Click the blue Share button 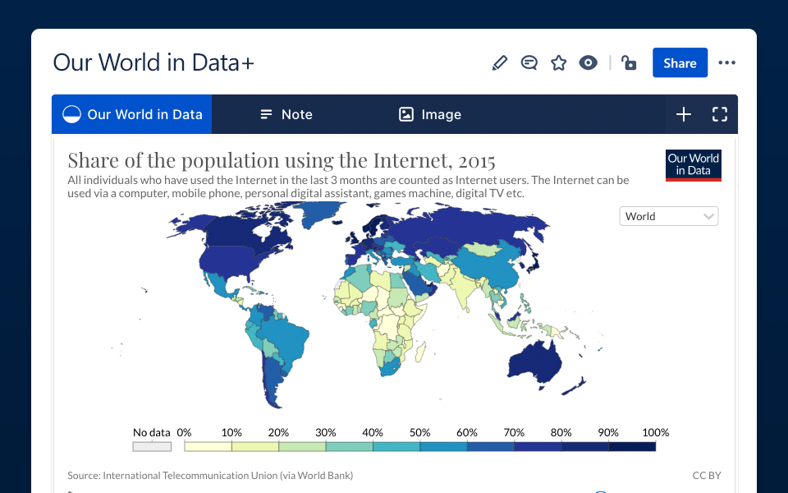point(680,63)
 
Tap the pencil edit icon point(499,63)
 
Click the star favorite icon point(559,63)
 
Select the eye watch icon point(588,63)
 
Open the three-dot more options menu point(726,63)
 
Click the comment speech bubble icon point(529,63)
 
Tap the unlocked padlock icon point(629,63)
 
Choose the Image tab point(430,114)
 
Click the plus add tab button point(684,114)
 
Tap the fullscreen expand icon point(720,114)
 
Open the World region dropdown point(669,216)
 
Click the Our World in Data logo point(693,164)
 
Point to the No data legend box point(152,447)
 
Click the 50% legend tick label point(419,432)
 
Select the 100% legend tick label point(655,432)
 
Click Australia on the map point(543,357)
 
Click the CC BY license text point(706,475)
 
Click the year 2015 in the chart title point(476,160)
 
